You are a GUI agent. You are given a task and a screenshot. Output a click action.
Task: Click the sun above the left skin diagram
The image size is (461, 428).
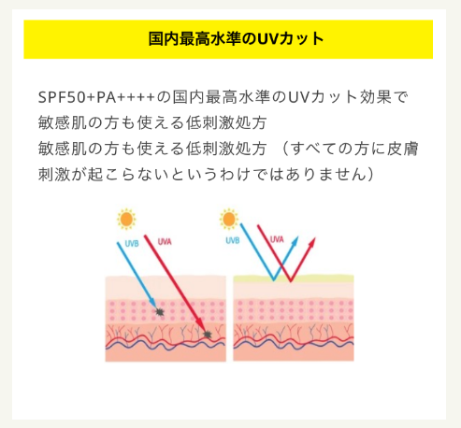tap(126, 220)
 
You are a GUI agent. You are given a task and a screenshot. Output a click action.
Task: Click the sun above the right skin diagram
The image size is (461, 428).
tap(229, 219)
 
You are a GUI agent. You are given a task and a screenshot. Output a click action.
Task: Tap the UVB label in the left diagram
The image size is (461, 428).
tap(132, 243)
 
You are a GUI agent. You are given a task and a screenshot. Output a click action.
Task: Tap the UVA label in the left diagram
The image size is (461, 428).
tap(165, 242)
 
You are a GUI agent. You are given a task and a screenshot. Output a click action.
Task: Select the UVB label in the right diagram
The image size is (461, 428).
tap(233, 240)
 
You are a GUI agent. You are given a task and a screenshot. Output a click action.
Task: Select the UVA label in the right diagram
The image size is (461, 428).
tap(277, 239)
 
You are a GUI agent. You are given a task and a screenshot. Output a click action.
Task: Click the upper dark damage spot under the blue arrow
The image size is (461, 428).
tap(160, 311)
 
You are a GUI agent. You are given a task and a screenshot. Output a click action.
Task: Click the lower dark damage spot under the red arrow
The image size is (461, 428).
tap(208, 335)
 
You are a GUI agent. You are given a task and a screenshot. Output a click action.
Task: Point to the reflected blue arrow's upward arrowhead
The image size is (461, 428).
tap(295, 241)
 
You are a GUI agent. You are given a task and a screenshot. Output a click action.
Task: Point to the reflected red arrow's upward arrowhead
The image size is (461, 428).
tap(312, 242)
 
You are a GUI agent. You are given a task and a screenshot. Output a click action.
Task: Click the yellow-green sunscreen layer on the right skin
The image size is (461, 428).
tap(294, 278)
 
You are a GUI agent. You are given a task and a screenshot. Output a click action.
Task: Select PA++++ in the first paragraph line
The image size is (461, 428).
tap(125, 97)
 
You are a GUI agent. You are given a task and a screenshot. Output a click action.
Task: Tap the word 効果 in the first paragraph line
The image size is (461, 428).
tap(376, 97)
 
